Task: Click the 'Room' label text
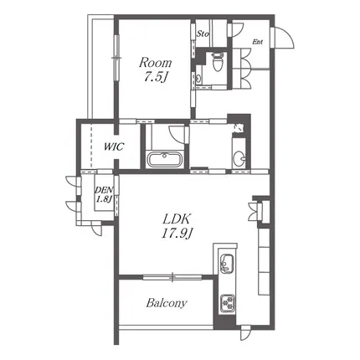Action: click(x=155, y=63)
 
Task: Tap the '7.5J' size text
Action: click(x=155, y=77)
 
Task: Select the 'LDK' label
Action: click(x=177, y=219)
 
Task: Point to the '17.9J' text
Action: click(x=177, y=234)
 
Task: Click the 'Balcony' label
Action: click(x=167, y=303)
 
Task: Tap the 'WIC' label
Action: click(x=114, y=147)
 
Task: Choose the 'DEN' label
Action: click(x=104, y=190)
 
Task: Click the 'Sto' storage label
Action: click(x=203, y=34)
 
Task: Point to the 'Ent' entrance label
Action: click(x=258, y=42)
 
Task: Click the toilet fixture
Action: click(x=217, y=61)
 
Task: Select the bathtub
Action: click(x=165, y=159)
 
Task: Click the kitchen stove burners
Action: click(x=228, y=303)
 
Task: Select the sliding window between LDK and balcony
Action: click(x=172, y=277)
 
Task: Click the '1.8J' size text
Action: click(x=104, y=198)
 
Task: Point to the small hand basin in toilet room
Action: click(x=198, y=79)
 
